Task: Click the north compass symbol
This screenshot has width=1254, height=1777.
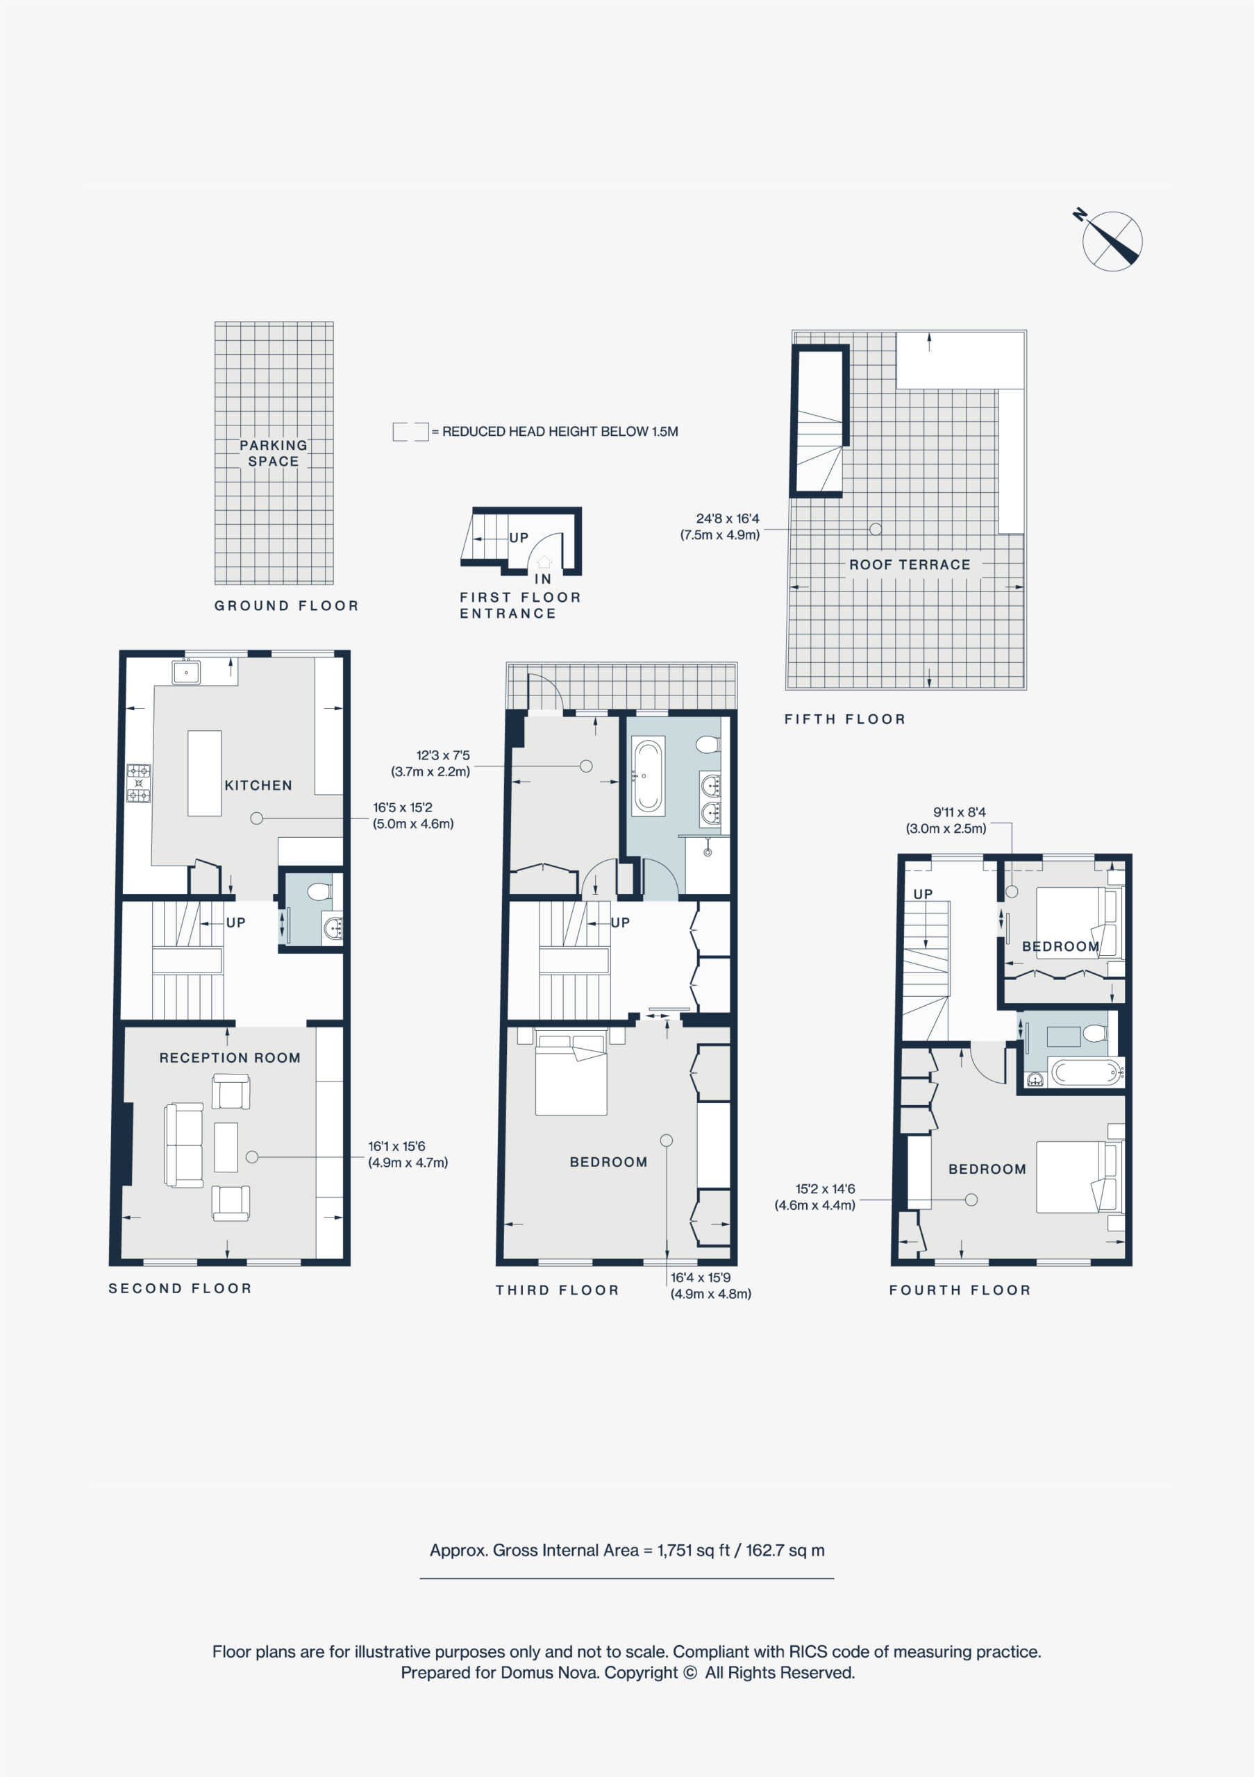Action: pos(1112,241)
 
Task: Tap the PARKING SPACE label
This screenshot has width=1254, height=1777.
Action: pos(274,453)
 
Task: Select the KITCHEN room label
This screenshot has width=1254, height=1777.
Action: pos(258,785)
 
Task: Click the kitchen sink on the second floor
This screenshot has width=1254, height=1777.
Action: pos(186,672)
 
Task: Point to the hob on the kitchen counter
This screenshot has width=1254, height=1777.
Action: pos(139,783)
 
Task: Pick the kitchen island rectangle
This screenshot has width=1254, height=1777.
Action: pos(204,773)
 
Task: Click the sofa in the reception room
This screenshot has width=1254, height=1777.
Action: pos(183,1145)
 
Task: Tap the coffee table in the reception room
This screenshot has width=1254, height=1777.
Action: pos(226,1147)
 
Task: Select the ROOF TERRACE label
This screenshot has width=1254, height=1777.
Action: pos(910,564)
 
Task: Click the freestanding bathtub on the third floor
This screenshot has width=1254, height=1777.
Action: pos(648,776)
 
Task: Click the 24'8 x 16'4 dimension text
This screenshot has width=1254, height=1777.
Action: pos(728,519)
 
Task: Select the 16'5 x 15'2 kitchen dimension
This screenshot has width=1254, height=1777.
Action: pos(403,807)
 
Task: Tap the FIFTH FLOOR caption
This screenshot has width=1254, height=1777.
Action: pos(844,719)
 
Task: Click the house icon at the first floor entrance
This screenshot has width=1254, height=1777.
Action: pos(544,562)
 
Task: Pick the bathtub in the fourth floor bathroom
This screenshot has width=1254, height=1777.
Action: pos(1087,1072)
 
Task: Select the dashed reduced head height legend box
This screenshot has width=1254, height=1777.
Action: pos(410,432)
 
